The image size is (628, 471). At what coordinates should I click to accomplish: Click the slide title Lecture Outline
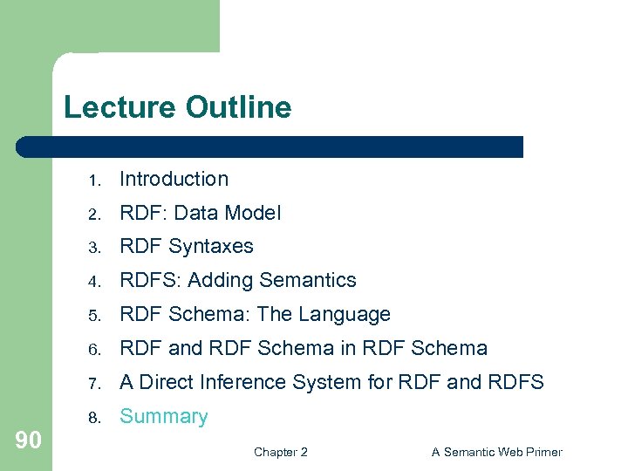pos(177,107)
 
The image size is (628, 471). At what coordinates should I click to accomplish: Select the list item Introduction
pos(174,179)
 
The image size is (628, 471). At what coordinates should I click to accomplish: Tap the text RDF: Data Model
pos(200,213)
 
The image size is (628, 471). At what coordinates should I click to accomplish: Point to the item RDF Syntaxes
pos(186,247)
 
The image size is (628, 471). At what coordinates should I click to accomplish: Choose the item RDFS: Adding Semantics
pos(237,280)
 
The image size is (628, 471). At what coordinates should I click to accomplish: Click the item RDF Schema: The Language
pos(255,314)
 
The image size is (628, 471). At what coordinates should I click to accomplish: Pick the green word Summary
pos(163,417)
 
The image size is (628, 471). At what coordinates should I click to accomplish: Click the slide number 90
pos(28,440)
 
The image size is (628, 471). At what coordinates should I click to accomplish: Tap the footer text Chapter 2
pos(280,452)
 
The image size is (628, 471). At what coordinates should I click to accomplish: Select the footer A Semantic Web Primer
pos(497,452)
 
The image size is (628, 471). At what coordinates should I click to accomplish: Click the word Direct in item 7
pos(167,382)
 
